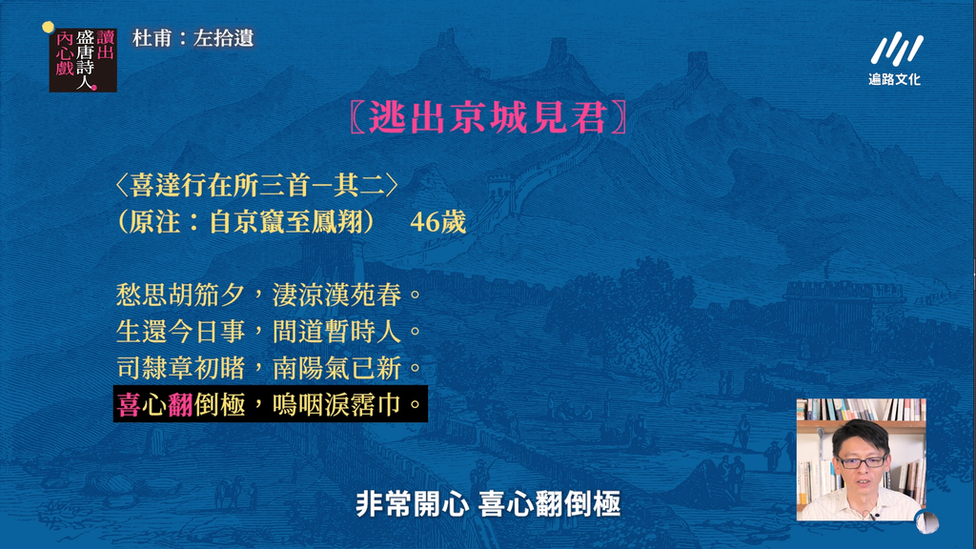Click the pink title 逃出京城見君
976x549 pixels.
pos(488,117)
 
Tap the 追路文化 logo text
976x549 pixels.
pos(894,79)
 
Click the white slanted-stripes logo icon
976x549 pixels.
pos(896,48)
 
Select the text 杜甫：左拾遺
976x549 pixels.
pos(193,38)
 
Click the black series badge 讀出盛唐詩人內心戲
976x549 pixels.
pos(83,60)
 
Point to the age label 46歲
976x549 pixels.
pos(437,222)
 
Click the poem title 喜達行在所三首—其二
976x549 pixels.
pos(257,186)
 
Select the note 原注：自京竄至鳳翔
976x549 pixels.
pos(247,221)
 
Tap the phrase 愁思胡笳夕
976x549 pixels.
pos(180,295)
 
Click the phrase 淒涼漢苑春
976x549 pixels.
pos(336,295)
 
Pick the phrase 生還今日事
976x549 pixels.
pos(180,331)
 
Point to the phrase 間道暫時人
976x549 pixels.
pos(336,331)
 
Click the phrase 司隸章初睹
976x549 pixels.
pos(180,368)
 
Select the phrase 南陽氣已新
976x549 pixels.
pos(336,368)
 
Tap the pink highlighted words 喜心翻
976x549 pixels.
pos(155,404)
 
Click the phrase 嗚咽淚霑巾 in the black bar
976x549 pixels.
pos(336,404)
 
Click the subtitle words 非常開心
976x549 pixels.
pos(412,503)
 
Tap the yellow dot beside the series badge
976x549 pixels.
pos(48,27)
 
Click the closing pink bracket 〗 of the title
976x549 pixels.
pos(620,117)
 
